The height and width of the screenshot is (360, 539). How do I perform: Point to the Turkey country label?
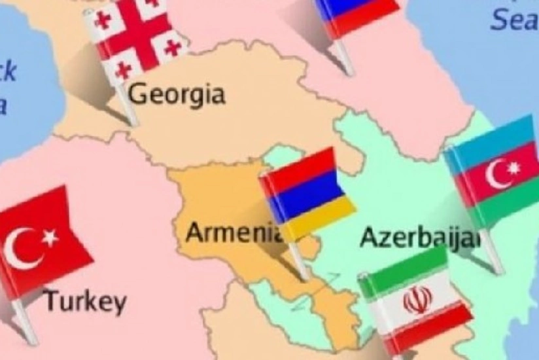(x=85, y=302)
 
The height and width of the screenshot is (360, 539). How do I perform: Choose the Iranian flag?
(x=416, y=301)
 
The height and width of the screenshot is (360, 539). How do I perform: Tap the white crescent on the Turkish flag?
(x=23, y=248)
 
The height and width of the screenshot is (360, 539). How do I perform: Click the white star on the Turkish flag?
(x=50, y=238)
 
